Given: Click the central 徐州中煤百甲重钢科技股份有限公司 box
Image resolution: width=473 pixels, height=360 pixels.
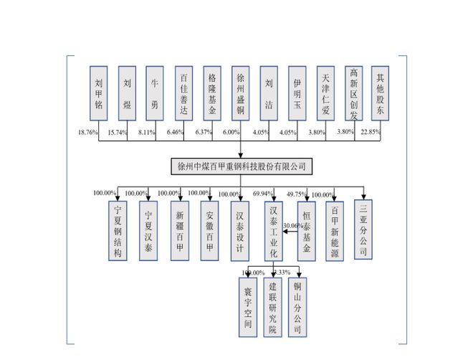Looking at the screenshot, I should coord(242,166).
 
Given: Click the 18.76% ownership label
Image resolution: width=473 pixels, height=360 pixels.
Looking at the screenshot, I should coord(88,133).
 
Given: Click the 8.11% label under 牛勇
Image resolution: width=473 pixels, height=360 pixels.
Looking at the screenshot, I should coord(146,133).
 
